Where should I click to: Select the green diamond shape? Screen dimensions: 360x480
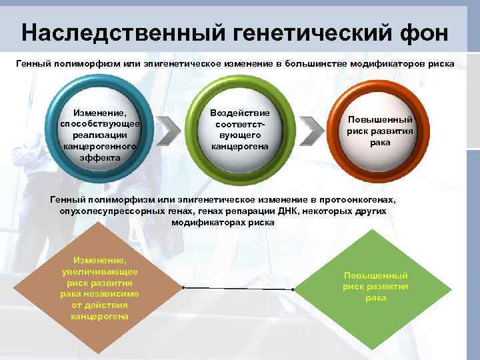click(375, 287)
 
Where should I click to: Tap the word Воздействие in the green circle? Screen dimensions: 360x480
click(239, 113)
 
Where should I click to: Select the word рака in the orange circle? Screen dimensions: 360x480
click(380, 142)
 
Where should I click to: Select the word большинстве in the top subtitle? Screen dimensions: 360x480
click(313, 64)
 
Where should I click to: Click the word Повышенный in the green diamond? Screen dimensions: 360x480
click(375, 275)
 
